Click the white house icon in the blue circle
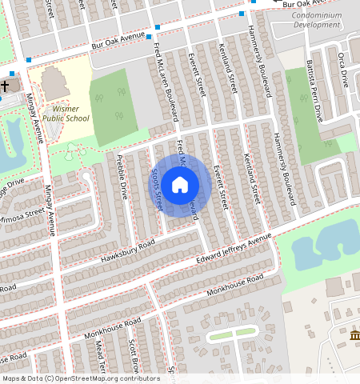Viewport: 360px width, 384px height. click(x=180, y=186)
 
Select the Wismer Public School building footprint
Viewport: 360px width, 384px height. click(x=54, y=83)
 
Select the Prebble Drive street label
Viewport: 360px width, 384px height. click(x=123, y=177)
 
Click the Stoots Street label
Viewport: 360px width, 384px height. click(x=158, y=190)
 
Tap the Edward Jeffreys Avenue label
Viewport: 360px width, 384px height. click(x=234, y=250)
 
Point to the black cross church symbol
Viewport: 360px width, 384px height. click(x=5, y=85)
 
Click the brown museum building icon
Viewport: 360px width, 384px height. click(x=354, y=334)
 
